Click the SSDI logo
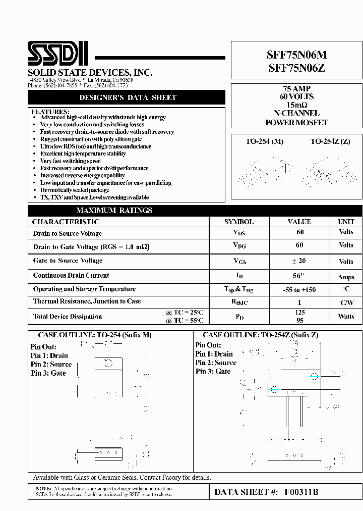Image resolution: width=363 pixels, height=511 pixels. [58, 54]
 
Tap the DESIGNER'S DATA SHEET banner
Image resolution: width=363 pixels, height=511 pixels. [128, 97]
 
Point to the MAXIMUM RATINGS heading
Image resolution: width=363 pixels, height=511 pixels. [114, 211]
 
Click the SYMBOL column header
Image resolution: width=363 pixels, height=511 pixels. [239, 222]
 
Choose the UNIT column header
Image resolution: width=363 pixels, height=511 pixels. [346, 222]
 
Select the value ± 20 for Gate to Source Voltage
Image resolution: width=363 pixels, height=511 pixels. [299, 261]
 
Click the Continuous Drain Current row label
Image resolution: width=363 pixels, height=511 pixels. [71, 276]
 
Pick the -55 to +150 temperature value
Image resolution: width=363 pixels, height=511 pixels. [299, 290]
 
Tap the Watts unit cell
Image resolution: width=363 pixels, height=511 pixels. [346, 317]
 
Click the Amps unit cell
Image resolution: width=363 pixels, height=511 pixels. [346, 277]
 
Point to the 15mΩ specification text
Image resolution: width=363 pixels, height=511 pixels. [296, 105]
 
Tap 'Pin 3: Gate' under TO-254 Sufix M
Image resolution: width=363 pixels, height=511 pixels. [48, 373]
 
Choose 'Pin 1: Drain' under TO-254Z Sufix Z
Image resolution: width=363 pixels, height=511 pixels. [214, 354]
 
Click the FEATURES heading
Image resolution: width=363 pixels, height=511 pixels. [49, 111]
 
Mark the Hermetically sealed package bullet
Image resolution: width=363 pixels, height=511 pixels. [75, 190]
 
